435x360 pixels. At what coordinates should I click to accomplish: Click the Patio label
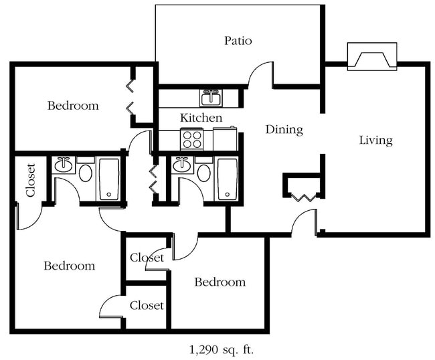click(x=238, y=41)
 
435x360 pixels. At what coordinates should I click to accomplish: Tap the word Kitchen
click(x=201, y=118)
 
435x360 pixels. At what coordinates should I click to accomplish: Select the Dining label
click(x=284, y=130)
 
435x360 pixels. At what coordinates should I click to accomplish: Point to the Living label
click(x=376, y=140)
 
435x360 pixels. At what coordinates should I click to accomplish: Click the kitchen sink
click(x=211, y=98)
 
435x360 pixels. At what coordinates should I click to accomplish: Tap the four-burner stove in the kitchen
click(x=191, y=139)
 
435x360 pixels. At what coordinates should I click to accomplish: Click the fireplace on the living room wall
click(x=372, y=56)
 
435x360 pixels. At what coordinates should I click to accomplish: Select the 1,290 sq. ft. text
click(x=222, y=350)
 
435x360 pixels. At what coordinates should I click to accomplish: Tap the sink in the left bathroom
click(x=64, y=165)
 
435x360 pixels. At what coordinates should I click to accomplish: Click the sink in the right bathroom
click(x=182, y=165)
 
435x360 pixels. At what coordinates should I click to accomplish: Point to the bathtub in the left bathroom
click(x=109, y=179)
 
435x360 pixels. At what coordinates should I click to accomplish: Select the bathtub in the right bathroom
click(x=228, y=179)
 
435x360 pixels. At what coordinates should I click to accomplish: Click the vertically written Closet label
click(x=31, y=180)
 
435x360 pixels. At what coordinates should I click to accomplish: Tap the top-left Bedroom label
click(x=73, y=106)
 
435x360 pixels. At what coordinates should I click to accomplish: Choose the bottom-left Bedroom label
click(x=70, y=266)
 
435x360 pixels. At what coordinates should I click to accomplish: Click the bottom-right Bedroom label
click(x=220, y=282)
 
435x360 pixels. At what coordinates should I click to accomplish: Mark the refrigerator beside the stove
click(x=225, y=139)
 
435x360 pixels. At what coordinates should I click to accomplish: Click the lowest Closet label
click(x=147, y=305)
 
